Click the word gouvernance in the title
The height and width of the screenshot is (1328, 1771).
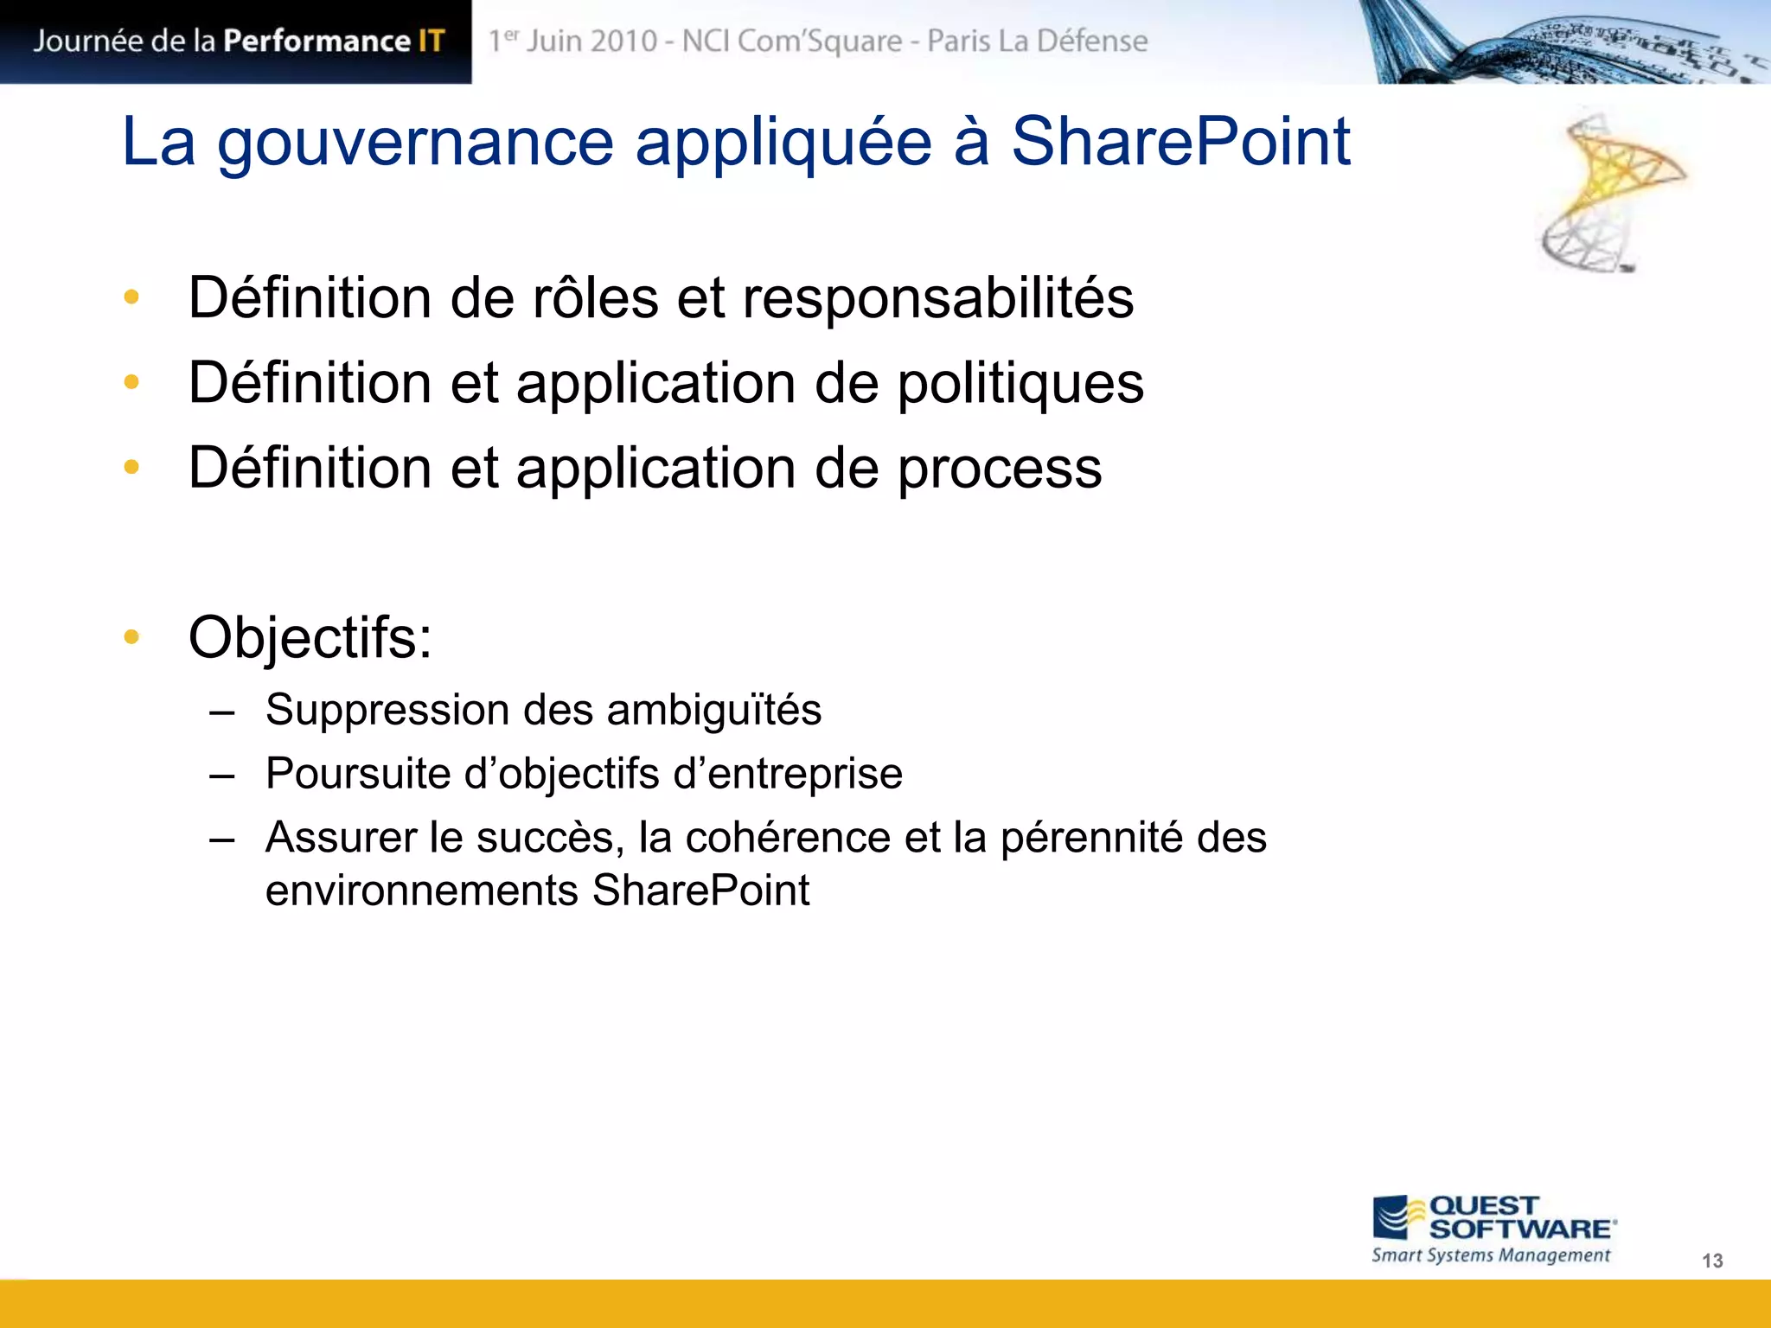point(415,143)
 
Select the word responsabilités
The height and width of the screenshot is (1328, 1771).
point(937,298)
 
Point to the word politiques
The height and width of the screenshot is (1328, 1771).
point(1020,383)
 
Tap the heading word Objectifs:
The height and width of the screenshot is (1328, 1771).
point(310,638)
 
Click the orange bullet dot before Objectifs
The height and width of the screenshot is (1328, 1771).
point(131,637)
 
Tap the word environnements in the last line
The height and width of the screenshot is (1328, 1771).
point(421,891)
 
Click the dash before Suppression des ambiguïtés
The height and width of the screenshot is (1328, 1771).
point(222,712)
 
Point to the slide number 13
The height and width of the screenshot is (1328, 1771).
point(1711,1261)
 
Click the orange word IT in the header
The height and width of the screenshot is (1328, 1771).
point(430,41)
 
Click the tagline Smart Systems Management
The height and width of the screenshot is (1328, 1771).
point(1491,1255)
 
